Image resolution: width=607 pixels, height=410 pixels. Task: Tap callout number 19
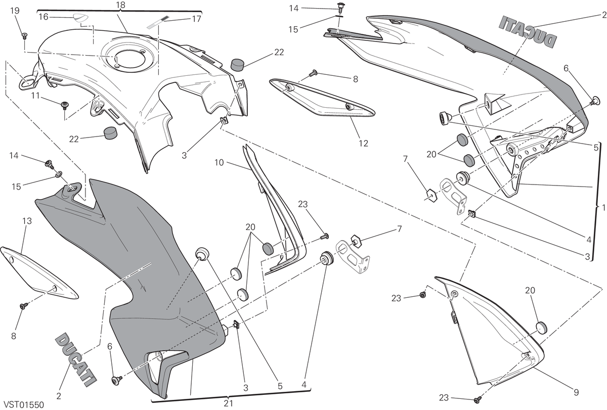click(x=15, y=11)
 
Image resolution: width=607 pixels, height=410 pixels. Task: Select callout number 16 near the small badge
click(x=44, y=17)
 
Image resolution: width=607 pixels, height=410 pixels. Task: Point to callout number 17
click(x=196, y=19)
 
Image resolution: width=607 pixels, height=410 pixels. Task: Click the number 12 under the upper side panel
click(x=363, y=143)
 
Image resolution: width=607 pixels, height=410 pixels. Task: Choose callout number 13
click(x=27, y=221)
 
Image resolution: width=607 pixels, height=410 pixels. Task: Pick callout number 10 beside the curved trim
click(x=219, y=162)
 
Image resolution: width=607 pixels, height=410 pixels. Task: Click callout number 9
click(x=576, y=392)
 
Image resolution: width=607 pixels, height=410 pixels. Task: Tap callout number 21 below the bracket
click(x=229, y=403)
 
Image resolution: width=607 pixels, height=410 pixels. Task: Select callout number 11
click(x=35, y=96)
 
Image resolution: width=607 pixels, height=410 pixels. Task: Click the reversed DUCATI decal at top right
click(x=528, y=35)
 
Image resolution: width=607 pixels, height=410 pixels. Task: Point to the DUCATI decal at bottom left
click(x=75, y=359)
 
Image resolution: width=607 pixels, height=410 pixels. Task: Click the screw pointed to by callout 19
click(x=25, y=35)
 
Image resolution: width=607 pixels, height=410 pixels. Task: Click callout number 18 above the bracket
click(x=120, y=5)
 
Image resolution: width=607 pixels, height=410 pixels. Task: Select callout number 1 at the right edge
click(x=603, y=208)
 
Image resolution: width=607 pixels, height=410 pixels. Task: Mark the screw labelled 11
click(x=65, y=105)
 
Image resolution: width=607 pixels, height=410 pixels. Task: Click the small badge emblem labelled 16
click(x=79, y=18)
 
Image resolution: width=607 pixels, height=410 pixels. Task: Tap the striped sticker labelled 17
click(x=157, y=22)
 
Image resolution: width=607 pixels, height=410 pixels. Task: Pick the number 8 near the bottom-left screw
click(x=14, y=336)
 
